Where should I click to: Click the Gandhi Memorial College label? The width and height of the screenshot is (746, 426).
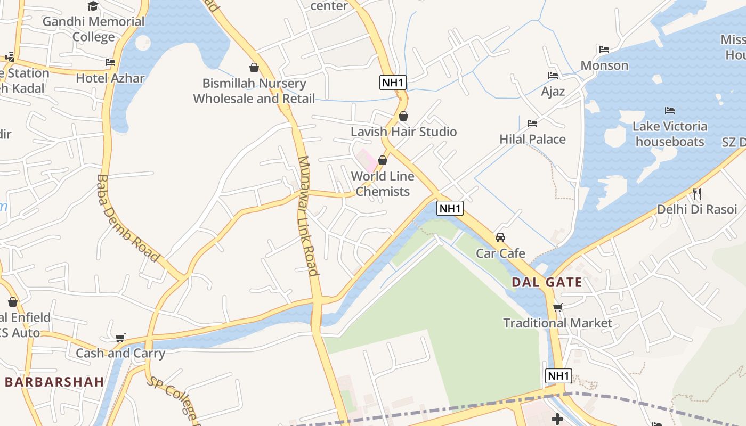[x=93, y=29]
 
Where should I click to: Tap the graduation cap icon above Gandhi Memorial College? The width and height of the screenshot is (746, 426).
[x=93, y=6]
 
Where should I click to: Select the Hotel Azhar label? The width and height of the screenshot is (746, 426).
[x=110, y=78]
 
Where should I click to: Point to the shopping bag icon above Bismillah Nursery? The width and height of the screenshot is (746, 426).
[x=254, y=68]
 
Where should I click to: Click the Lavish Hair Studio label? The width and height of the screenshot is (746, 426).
[x=403, y=132]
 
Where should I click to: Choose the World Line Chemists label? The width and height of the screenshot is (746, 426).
[x=383, y=184]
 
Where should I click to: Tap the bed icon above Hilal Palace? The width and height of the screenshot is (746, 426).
[x=532, y=124]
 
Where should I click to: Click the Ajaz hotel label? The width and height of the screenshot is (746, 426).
[x=553, y=91]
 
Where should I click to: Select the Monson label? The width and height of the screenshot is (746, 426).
[x=604, y=65]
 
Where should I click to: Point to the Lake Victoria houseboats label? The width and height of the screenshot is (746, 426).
[x=670, y=134]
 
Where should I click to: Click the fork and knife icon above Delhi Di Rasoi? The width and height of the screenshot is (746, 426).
[x=696, y=193]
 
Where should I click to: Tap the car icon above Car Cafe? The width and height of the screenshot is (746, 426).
[x=500, y=237]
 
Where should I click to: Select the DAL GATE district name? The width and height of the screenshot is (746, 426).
[x=547, y=282]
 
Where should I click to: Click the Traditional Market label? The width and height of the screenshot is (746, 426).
[x=558, y=323]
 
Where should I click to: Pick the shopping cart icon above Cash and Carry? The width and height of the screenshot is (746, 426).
[x=120, y=338]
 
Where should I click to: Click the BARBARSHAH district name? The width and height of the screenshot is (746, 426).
[x=54, y=382]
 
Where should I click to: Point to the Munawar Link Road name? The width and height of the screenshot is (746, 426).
[x=308, y=216]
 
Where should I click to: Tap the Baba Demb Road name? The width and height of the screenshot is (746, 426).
[x=128, y=218]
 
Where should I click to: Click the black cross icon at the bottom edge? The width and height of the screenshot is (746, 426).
[x=557, y=420]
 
